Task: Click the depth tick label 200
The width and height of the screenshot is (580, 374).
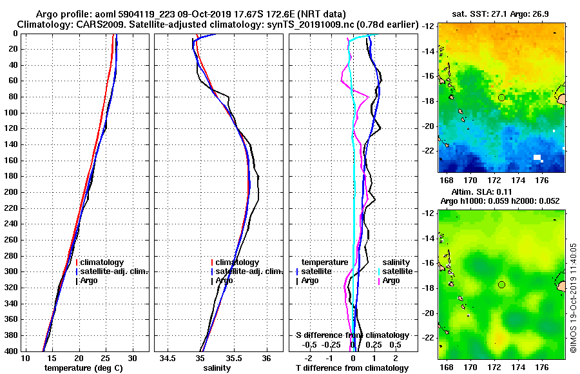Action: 9,192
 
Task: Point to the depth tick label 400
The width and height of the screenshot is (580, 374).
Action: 9,351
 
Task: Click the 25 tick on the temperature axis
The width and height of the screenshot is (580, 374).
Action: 106,358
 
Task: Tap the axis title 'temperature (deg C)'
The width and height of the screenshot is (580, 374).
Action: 83,368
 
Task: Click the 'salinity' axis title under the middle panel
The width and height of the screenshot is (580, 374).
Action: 218,368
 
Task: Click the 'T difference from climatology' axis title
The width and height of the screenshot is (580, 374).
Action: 352,368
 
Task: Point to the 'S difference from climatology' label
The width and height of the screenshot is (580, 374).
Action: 352,335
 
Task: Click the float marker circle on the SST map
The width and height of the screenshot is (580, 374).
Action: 501,97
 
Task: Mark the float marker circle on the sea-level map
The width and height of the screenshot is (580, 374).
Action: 501,284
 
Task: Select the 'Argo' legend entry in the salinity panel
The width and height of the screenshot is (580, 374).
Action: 224,280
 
